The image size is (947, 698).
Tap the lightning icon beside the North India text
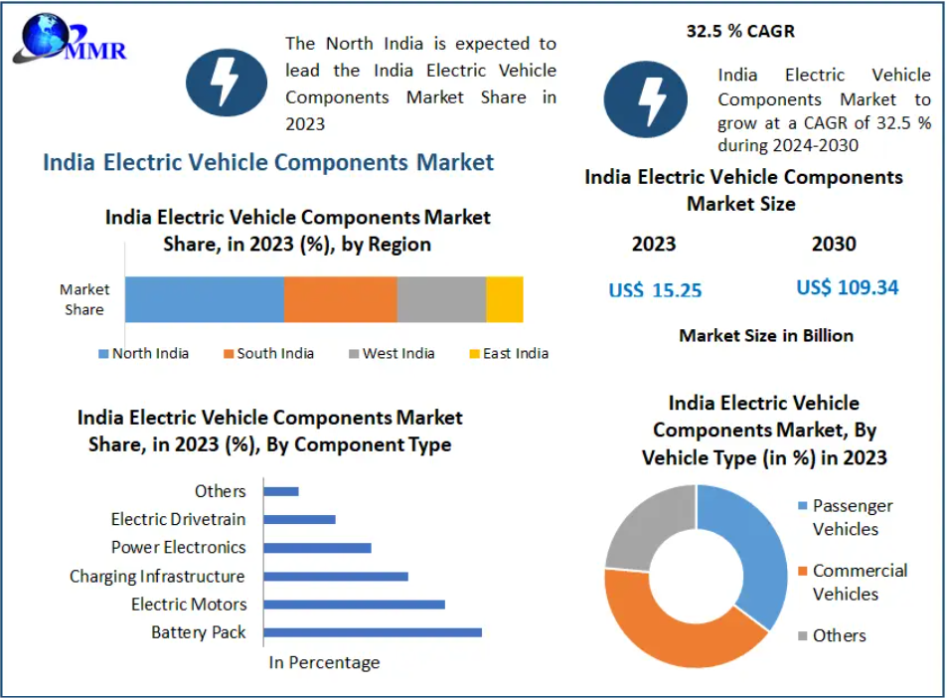tap(227, 83)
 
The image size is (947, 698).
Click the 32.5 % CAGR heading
tap(740, 31)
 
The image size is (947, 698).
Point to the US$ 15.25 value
tap(655, 290)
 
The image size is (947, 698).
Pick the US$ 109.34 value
tap(847, 287)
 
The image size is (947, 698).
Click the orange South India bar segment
tap(340, 299)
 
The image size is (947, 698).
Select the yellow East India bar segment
tap(505, 299)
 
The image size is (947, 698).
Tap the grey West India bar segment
tap(441, 299)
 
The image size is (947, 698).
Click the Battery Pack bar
tap(373, 632)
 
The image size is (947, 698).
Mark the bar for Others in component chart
tap(281, 491)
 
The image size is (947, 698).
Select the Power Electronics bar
tap(318, 548)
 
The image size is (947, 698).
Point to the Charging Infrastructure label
tap(157, 576)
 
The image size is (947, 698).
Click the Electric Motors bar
tap(355, 604)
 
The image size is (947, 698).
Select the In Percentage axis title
tap(325, 662)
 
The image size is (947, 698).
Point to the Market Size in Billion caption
tap(766, 335)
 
